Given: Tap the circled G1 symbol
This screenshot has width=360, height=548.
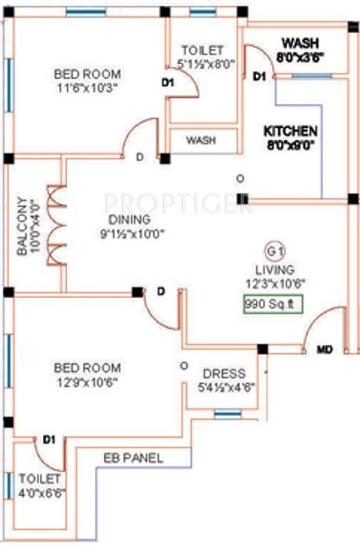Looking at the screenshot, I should coord(273,250).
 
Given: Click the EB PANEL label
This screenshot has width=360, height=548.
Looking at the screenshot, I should coord(133,458).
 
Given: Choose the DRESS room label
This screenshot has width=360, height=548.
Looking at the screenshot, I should coord(224,373).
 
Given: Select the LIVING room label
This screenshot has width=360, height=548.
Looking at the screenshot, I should coord(274,269).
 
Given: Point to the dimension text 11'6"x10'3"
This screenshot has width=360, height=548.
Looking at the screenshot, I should coord(87,87).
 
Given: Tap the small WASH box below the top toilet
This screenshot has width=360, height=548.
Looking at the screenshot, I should coord(201,141).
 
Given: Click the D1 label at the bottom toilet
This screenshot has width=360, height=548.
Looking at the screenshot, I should coord(50,439).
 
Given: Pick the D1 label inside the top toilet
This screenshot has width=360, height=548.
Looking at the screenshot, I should coord(169,80).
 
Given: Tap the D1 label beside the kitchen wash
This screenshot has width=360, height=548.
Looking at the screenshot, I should coord(259,77).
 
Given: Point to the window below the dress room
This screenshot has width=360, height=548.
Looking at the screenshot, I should coord(227,415).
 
